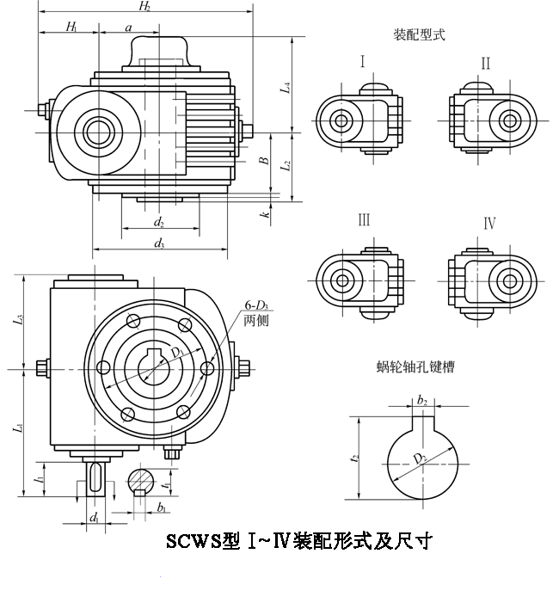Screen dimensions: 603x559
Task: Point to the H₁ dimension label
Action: (x=71, y=28)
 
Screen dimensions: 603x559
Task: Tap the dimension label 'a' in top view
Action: (x=128, y=28)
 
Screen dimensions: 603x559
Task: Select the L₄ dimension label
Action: (x=286, y=86)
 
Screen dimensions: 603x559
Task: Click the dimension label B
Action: (x=265, y=159)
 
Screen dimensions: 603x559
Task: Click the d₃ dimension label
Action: (x=160, y=243)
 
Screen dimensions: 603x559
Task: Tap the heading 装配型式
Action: (x=419, y=35)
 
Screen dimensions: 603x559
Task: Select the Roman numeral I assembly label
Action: (x=363, y=62)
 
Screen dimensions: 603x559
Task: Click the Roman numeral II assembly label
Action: (x=486, y=63)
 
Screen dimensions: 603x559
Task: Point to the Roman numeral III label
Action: (x=365, y=220)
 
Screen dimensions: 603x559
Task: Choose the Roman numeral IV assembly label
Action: (x=488, y=224)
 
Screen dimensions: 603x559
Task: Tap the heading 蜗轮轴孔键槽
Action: (x=415, y=367)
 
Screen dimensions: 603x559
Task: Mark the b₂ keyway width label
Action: (x=422, y=400)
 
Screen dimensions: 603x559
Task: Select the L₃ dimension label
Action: (x=20, y=324)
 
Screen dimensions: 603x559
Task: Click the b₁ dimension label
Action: (x=161, y=508)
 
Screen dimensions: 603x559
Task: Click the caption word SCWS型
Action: (x=203, y=542)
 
